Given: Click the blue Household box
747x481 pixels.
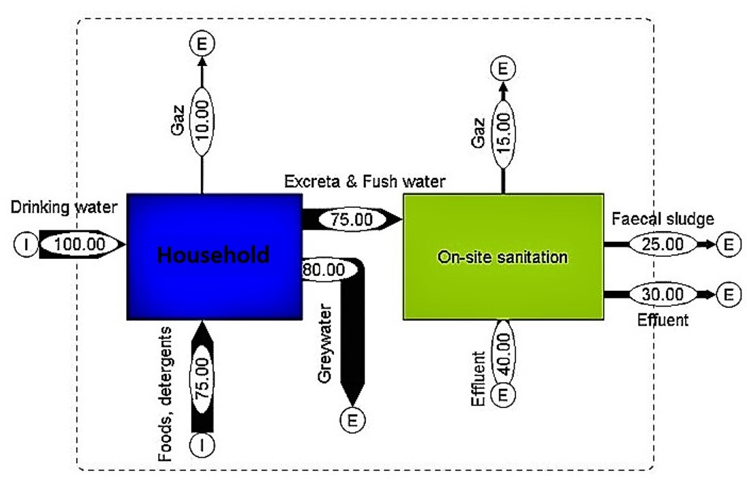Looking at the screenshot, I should tap(213, 256).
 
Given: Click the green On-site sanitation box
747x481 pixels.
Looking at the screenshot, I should tap(503, 257).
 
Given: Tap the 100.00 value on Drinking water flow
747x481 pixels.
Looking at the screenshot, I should tap(76, 244).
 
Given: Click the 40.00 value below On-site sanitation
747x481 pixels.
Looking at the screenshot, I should tap(504, 351).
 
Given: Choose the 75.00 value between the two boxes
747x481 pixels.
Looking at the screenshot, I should tap(352, 219).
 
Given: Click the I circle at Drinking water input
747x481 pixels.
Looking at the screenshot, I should tap(25, 244).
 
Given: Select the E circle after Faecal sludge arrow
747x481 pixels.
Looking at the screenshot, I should tap(729, 243).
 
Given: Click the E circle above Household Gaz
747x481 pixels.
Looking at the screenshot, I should tap(202, 44).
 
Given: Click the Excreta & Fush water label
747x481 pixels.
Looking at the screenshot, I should tap(365, 181).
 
